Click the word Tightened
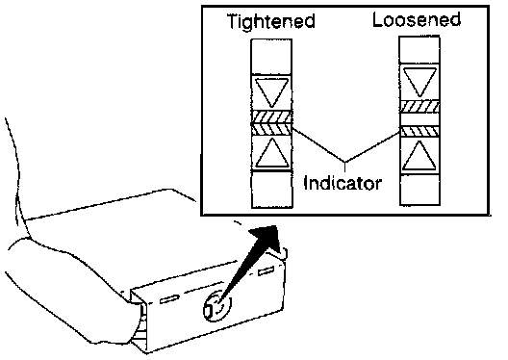(x=271, y=21)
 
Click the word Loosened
(x=417, y=19)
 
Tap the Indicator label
(x=343, y=184)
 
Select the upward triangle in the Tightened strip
(x=272, y=153)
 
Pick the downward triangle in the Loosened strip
(x=419, y=82)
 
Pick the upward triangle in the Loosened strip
(x=419, y=156)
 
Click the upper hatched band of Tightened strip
(x=272, y=117)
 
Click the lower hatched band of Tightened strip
(x=272, y=129)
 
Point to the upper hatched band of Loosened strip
(x=419, y=107)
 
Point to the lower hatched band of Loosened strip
(x=419, y=131)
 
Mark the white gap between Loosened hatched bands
(x=419, y=119)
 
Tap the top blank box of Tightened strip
(x=272, y=57)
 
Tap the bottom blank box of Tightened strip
(x=272, y=190)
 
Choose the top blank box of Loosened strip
(x=419, y=50)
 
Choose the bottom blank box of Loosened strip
(x=419, y=190)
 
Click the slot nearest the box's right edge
(x=266, y=270)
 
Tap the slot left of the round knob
(x=169, y=299)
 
